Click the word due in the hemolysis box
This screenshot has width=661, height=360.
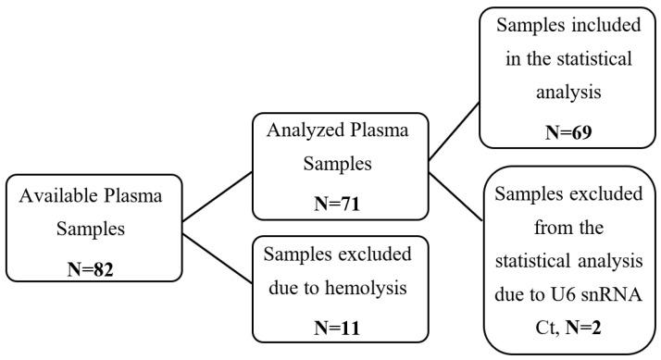(288, 289)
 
